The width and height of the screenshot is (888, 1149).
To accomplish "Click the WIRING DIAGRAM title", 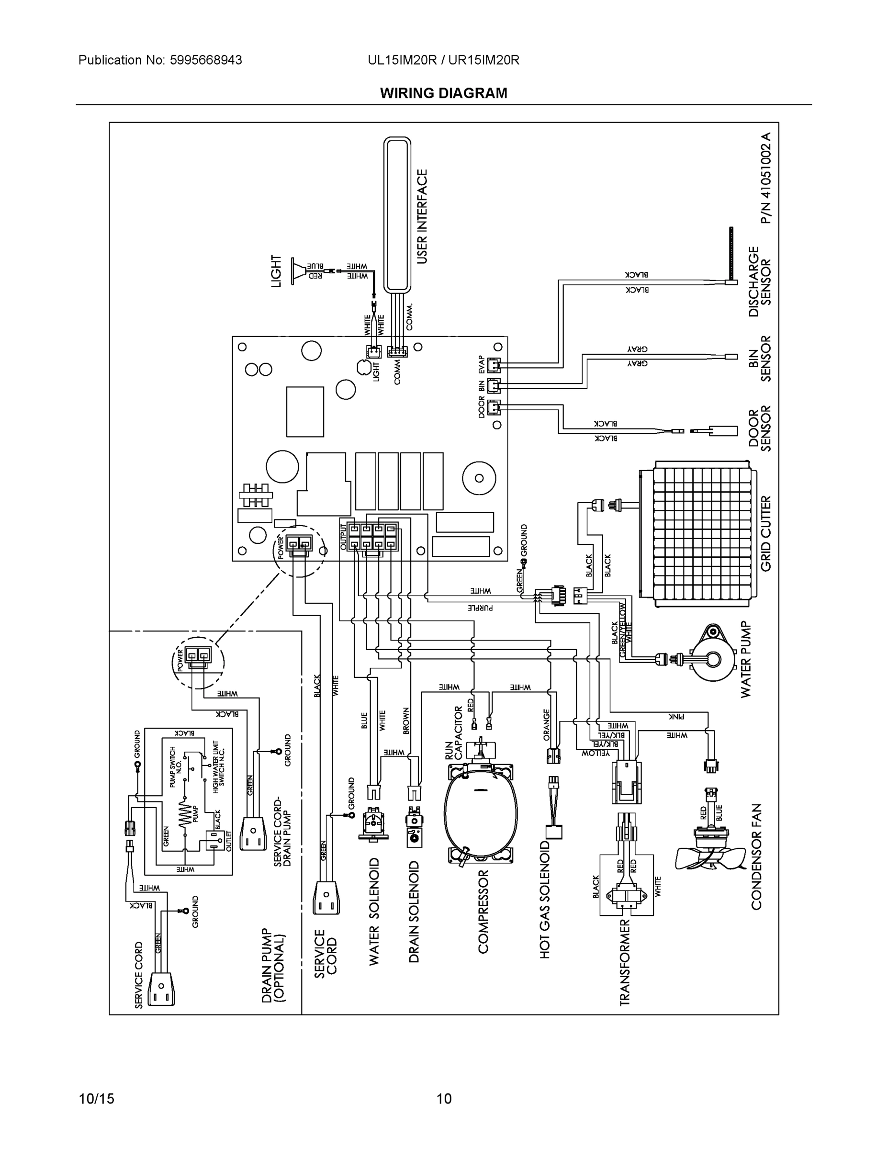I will [443, 93].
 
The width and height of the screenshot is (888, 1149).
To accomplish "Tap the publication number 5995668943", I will [206, 60].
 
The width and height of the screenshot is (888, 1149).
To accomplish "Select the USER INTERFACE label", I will [422, 216].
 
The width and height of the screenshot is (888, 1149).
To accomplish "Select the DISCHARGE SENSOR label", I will [760, 282].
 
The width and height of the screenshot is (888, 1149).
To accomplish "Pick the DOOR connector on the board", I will [494, 406].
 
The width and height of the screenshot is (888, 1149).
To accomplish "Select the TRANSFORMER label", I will [624, 963].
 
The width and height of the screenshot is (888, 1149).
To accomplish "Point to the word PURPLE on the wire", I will [480, 608].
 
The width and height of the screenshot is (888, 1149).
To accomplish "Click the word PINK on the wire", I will [676, 717].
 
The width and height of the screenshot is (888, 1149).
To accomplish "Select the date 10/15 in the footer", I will [96, 1099].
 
